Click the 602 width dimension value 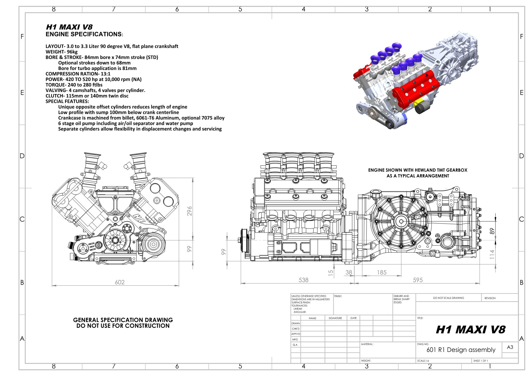pyautogui.click(x=120, y=282)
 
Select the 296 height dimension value pyautogui.click(x=189, y=211)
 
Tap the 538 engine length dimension pyautogui.click(x=304, y=280)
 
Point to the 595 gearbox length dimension pyautogui.click(x=418, y=280)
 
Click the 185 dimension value pyautogui.click(x=382, y=272)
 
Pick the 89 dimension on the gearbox pyautogui.click(x=492, y=231)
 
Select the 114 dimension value pyautogui.click(x=492, y=254)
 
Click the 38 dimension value pyautogui.click(x=349, y=272)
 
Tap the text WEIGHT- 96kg pyautogui.click(x=62, y=52)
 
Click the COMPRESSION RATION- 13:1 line pyautogui.click(x=78, y=74)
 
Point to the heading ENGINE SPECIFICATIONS pyautogui.click(x=84, y=34)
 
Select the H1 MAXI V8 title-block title pyautogui.click(x=471, y=329)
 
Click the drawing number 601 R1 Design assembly pyautogui.click(x=461, y=350)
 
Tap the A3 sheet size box pyautogui.click(x=510, y=347)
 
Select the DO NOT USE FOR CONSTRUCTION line pyautogui.click(x=123, y=326)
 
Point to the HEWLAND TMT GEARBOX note pyautogui.click(x=418, y=170)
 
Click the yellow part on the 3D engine pyautogui.click(x=418, y=103)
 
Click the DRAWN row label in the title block pyautogui.click(x=295, y=323)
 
